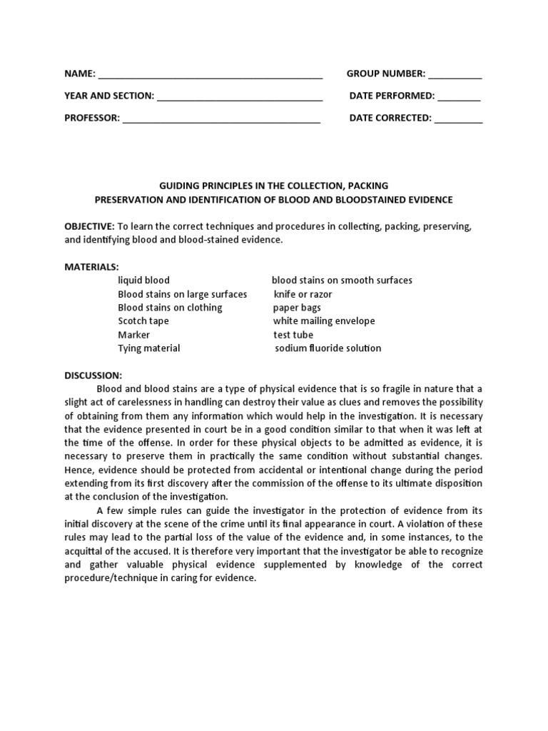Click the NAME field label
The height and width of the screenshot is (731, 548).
point(80,74)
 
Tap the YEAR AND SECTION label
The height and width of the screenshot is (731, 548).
point(109,96)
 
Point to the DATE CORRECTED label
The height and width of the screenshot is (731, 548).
point(390,119)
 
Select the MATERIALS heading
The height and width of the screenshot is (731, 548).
point(92,267)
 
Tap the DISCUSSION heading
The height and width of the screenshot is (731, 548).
point(93,375)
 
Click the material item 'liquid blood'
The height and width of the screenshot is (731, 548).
point(143,281)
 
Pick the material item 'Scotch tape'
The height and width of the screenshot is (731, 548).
point(143,321)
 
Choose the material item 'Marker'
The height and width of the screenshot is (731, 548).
point(134,335)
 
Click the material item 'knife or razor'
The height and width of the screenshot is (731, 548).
point(303,294)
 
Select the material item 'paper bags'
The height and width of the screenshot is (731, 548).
point(297,308)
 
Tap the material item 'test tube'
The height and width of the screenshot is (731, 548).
point(293,335)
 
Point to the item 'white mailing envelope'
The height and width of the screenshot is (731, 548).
point(324,321)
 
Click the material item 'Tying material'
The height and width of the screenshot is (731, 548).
point(149,348)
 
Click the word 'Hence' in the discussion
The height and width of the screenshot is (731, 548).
point(78,470)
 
